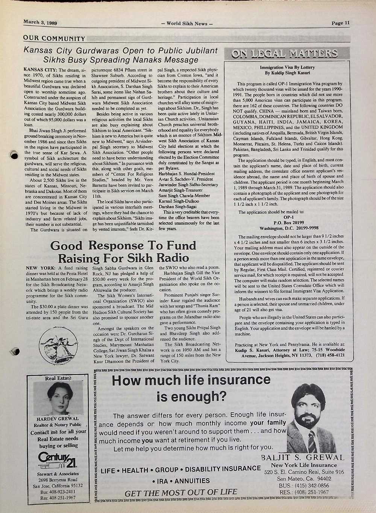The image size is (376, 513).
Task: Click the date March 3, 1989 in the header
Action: coord(40,22)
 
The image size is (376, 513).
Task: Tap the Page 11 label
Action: coord(340,23)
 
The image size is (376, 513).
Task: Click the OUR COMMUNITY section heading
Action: coord(54,38)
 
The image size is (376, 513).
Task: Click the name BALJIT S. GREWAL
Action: coord(302,458)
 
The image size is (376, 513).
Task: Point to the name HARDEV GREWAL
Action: coord(58,419)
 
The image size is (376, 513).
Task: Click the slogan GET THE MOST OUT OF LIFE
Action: coord(181,492)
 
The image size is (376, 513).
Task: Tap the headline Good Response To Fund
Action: coord(123,246)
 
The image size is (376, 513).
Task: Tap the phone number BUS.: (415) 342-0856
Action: coord(304,486)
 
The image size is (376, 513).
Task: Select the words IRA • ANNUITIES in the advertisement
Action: coord(181,481)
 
